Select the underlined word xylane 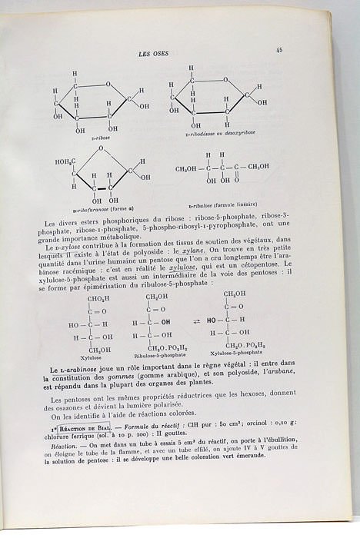193,251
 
